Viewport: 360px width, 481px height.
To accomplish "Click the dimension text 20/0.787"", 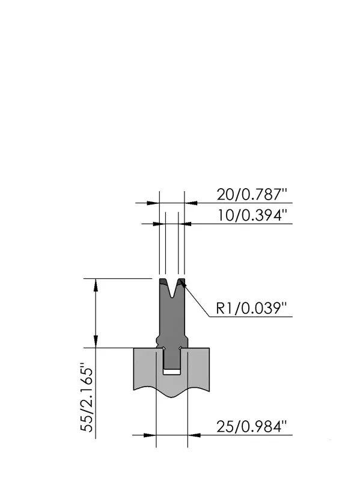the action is (252, 194).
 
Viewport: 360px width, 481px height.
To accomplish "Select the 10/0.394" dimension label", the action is (252, 215).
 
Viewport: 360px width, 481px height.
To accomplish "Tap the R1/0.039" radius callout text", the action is (251, 308).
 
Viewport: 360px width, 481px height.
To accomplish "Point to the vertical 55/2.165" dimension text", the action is (87, 397).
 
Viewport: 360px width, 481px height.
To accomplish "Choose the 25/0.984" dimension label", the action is (252, 426).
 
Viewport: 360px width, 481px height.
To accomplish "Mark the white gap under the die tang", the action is (172, 372).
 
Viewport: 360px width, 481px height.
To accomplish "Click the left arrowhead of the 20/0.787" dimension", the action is (153, 203).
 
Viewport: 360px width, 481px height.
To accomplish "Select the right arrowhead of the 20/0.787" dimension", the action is (191, 203).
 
